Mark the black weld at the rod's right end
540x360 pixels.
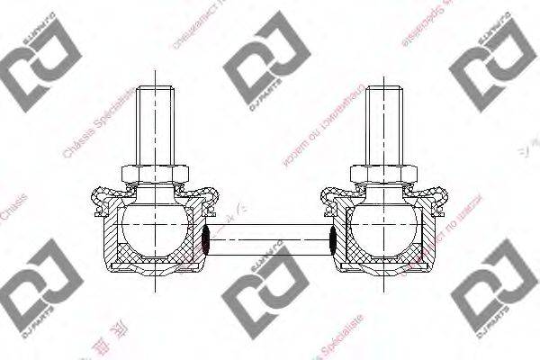click(334, 239)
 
